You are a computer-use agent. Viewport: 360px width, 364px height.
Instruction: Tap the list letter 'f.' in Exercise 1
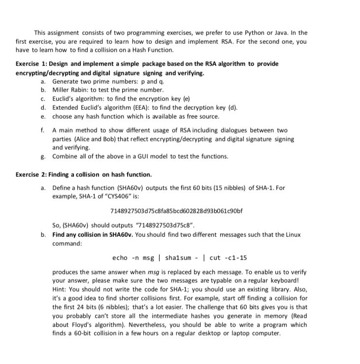[44, 130]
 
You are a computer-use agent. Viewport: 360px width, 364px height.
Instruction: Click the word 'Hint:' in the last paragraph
[61, 289]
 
